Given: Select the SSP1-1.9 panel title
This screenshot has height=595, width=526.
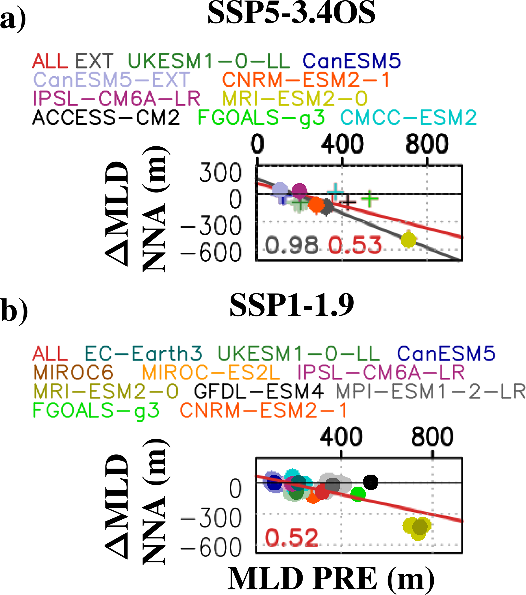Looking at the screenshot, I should [292, 305].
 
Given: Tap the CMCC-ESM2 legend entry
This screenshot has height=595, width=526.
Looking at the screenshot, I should [408, 118].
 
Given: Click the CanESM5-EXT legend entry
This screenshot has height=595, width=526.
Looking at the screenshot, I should [112, 80].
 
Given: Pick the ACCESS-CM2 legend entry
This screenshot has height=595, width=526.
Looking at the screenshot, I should [106, 118].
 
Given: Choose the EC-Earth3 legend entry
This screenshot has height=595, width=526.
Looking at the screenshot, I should [143, 354].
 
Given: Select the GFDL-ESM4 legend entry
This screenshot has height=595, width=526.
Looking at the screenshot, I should [258, 392].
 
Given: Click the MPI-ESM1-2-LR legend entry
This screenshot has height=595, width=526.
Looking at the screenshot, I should [430, 392].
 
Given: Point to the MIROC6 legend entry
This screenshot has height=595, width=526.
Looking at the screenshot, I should [73, 372].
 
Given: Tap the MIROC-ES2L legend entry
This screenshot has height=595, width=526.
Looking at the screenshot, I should [211, 372].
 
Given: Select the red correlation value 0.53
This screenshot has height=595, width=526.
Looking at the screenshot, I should [355, 245].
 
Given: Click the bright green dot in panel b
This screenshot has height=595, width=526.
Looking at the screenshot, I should [358, 493].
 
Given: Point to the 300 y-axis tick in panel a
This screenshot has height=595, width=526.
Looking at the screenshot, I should [220, 173].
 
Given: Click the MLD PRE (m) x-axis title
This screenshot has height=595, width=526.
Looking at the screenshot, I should [331, 579].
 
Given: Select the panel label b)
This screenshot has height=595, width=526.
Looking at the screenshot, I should [14, 309].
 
